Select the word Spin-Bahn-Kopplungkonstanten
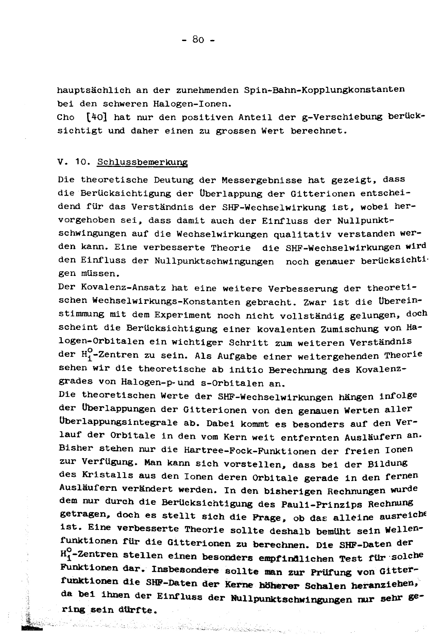pyautogui.click(x=324, y=90)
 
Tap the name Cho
pyautogui.click(x=66, y=117)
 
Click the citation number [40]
pyautogui.click(x=96, y=117)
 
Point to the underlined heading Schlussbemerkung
pyautogui.click(x=142, y=162)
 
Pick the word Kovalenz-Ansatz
pyautogui.click(x=123, y=287)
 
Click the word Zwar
pyautogui.click(x=314, y=302)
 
